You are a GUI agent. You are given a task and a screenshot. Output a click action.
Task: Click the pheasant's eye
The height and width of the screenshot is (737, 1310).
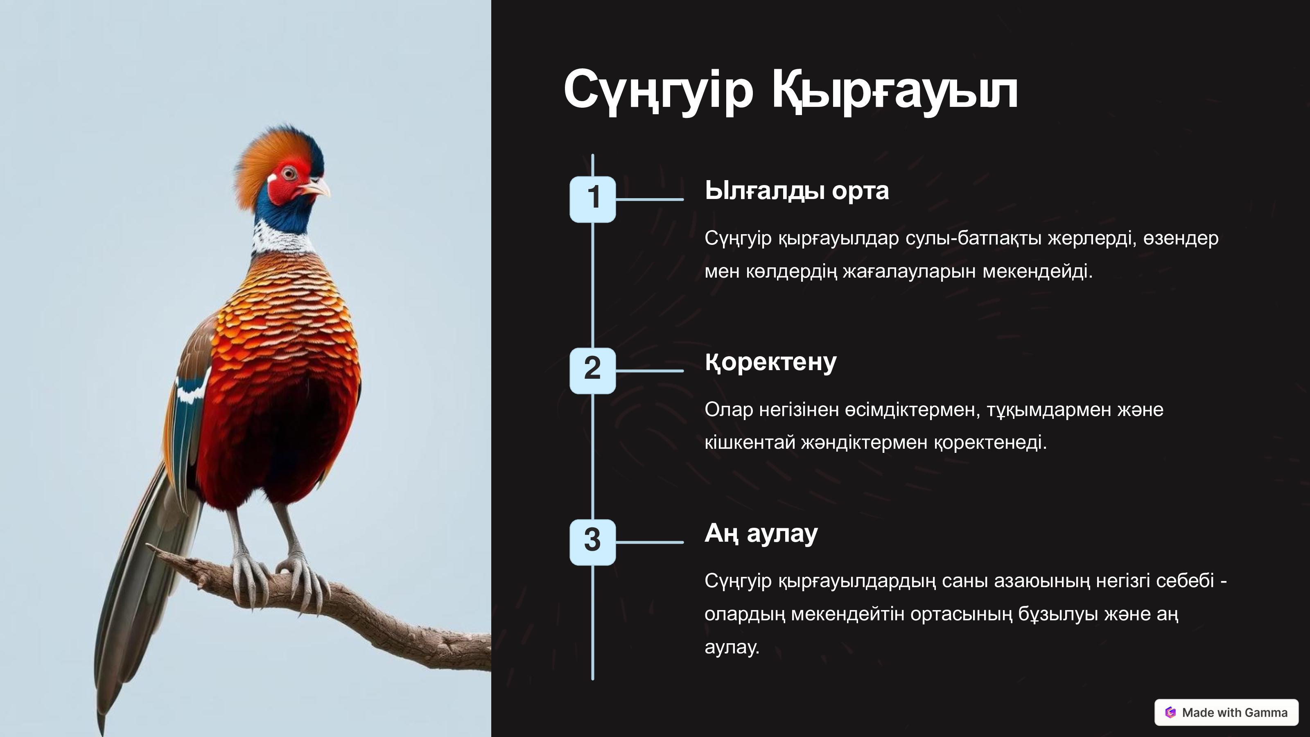coord(289,174)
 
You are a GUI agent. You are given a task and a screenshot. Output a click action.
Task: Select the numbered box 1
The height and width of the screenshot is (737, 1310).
coord(592,199)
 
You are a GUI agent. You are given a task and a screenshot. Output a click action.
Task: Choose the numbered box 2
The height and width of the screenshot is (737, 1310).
coord(592,371)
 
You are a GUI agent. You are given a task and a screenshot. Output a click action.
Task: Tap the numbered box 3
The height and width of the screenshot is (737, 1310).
coord(592,542)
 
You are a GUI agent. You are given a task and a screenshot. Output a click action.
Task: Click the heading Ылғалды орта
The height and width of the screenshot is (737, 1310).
coord(796,191)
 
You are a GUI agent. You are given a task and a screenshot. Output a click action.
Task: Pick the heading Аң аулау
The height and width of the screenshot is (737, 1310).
coord(761,534)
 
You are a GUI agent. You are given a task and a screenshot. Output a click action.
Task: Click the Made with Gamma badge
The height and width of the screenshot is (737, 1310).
coord(1226,712)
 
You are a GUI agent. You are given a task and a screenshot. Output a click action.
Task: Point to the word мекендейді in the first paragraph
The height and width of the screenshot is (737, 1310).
coord(1037,271)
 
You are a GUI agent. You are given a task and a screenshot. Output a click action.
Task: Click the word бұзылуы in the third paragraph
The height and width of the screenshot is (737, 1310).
coord(1058,614)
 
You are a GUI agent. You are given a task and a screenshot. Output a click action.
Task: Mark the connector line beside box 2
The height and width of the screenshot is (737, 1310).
coord(649,371)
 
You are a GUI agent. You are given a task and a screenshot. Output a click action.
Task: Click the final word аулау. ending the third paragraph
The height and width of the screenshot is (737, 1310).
coord(732,647)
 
